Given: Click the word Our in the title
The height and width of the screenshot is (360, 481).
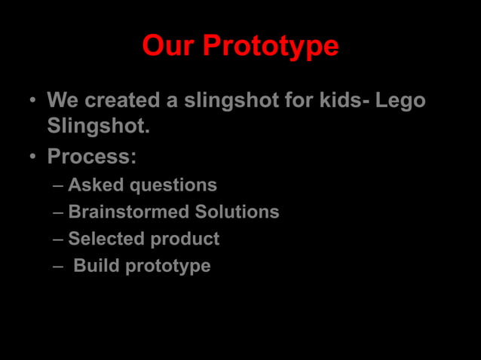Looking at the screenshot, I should point(169,46).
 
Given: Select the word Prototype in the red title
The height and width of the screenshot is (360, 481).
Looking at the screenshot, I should point(271,47).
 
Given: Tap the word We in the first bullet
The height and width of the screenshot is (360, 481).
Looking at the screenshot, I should point(63,100).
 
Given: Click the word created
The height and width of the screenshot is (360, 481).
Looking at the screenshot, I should point(123,100).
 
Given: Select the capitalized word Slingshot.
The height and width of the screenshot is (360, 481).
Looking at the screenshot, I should point(98,127).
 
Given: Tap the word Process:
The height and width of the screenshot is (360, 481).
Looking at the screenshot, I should point(91,157).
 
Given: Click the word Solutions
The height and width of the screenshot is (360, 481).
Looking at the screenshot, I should point(237,212).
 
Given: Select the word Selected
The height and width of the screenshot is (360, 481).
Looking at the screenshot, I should point(106,239).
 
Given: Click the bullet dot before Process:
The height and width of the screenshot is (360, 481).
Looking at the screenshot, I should point(33,157).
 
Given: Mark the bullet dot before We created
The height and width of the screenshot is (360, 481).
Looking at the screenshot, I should point(33,101).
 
